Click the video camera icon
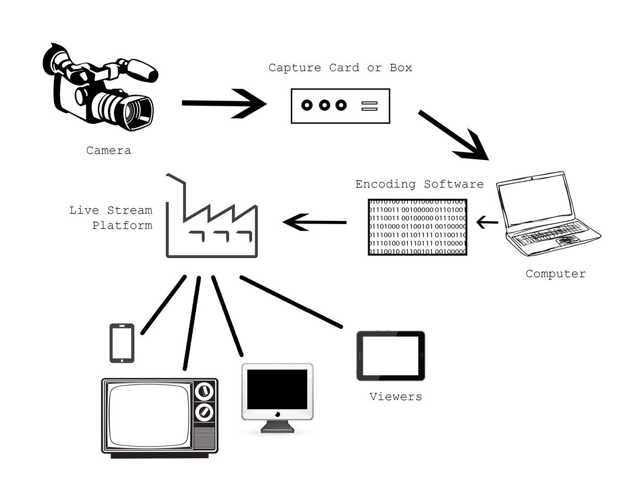click(99, 89)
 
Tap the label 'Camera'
click(108, 151)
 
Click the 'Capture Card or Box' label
click(340, 68)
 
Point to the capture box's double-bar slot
click(369, 106)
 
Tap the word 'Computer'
click(555, 274)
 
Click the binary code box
click(418, 227)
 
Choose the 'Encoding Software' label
click(419, 184)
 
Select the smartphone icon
click(122, 343)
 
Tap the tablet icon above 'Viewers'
click(390, 356)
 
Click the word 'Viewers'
click(395, 397)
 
